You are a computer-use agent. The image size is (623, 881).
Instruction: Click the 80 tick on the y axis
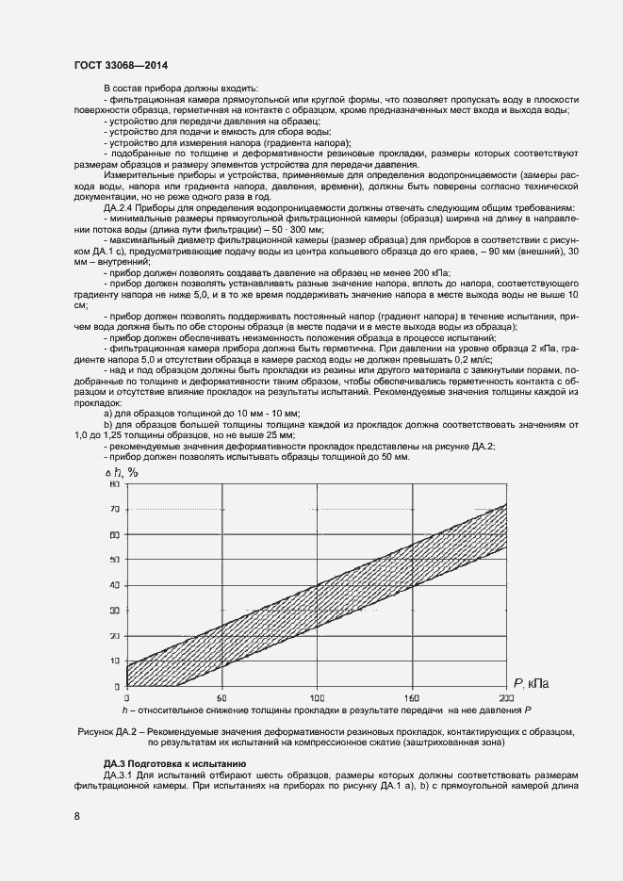click(x=115, y=484)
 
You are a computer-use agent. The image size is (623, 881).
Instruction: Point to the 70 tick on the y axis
click(x=115, y=510)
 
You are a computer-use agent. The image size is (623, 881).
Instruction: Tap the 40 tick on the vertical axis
click(x=115, y=585)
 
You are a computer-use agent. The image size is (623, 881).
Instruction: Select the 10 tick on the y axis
click(x=115, y=661)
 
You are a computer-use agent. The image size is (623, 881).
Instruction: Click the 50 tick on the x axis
click(x=221, y=698)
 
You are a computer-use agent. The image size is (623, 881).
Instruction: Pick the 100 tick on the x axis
click(x=317, y=698)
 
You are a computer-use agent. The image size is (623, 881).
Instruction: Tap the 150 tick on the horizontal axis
click(x=412, y=698)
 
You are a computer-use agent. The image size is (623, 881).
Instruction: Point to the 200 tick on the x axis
click(x=506, y=698)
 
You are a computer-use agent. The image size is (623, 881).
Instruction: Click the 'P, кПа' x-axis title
click(x=533, y=681)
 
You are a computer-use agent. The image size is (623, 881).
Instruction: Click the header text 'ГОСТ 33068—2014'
click(x=117, y=64)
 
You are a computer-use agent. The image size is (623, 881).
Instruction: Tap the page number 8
click(x=76, y=816)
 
